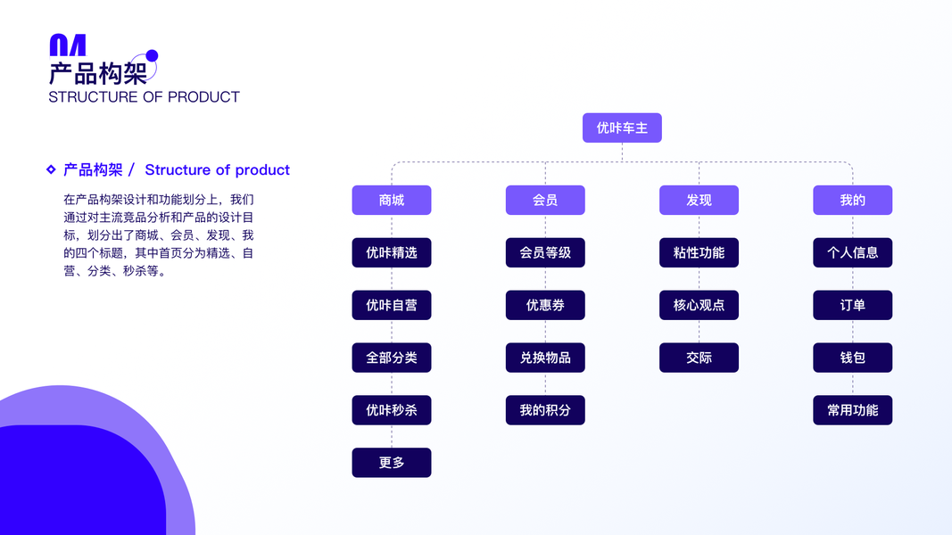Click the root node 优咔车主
point(622,128)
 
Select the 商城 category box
point(392,201)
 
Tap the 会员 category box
point(545,201)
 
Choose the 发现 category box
point(699,201)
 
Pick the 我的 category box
point(852,201)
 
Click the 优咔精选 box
point(392,253)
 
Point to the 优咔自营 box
point(392,305)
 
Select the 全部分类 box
point(392,358)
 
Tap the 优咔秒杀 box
point(392,410)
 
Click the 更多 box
point(392,463)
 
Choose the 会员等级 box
point(545,253)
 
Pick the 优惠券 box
point(545,305)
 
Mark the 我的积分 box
point(545,410)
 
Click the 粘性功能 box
point(699,253)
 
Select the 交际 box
point(699,358)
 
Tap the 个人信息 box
point(852,253)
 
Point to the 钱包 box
point(852,358)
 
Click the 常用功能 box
point(852,410)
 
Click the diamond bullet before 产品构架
point(51,169)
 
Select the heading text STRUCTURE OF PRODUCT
point(144,97)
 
